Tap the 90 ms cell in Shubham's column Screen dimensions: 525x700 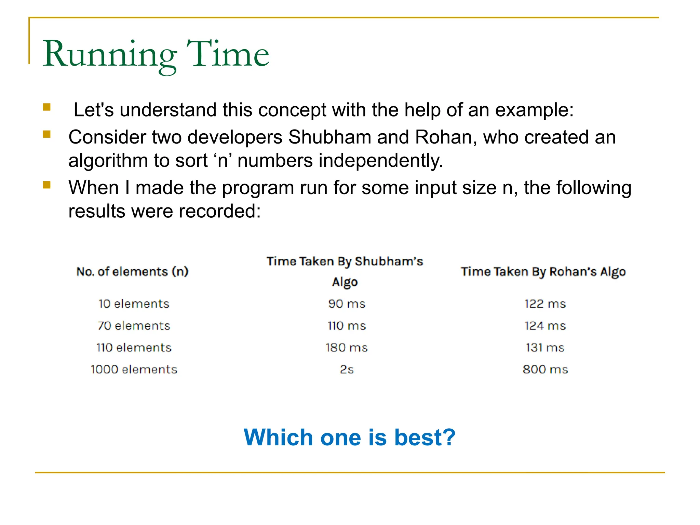pyautogui.click(x=347, y=304)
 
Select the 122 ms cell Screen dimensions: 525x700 pyautogui.click(x=545, y=304)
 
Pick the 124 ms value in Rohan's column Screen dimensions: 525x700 pyautogui.click(x=545, y=325)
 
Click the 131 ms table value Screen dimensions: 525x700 pyautogui.click(x=545, y=348)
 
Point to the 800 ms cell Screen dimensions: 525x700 pyautogui.click(x=545, y=369)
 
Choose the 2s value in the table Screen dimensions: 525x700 pyautogui.click(x=347, y=369)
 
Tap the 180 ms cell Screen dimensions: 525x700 pyautogui.click(x=347, y=348)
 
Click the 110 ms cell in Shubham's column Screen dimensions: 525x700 pyautogui.click(x=347, y=325)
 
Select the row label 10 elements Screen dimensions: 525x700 pyautogui.click(x=134, y=304)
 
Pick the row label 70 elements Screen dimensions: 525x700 pyautogui.click(x=134, y=325)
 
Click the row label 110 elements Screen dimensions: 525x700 pyautogui.click(x=134, y=348)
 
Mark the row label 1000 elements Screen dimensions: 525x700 pyautogui.click(x=134, y=369)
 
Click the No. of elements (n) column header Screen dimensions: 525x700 pyautogui.click(x=132, y=272)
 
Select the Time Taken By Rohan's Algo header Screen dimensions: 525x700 pyautogui.click(x=543, y=272)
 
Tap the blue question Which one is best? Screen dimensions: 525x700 pyautogui.click(x=349, y=437)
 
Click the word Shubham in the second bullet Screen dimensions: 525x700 pyautogui.click(x=329, y=137)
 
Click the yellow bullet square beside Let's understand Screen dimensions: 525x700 pyautogui.click(x=47, y=107)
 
